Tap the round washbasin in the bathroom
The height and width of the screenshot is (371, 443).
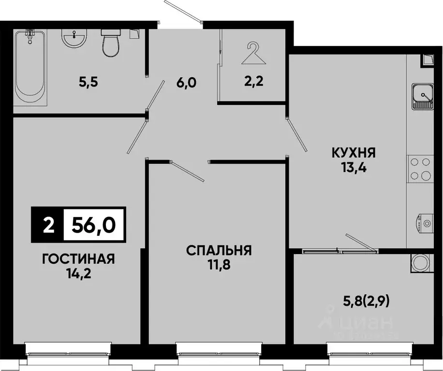(74, 38)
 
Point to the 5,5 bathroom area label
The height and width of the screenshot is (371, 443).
(89, 83)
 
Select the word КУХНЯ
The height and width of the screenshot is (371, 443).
(354, 154)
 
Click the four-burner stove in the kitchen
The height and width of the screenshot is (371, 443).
(420, 169)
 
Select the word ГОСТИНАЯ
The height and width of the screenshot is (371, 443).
(78, 259)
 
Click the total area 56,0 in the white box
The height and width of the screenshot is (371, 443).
(94, 225)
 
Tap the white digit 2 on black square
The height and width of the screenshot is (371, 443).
(47, 225)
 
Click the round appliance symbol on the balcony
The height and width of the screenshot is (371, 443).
(419, 264)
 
